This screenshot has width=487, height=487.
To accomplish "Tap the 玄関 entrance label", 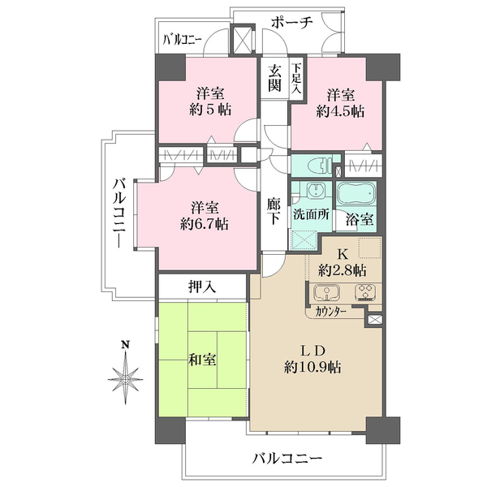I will (x=275, y=78).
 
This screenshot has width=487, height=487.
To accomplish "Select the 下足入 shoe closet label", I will (x=297, y=79).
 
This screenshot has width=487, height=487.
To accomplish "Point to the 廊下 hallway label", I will (x=275, y=213).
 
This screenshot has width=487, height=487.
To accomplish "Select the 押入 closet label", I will (x=200, y=286).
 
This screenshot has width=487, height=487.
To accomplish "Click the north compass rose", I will (x=125, y=377).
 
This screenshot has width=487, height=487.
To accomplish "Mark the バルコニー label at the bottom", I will (x=287, y=459).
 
